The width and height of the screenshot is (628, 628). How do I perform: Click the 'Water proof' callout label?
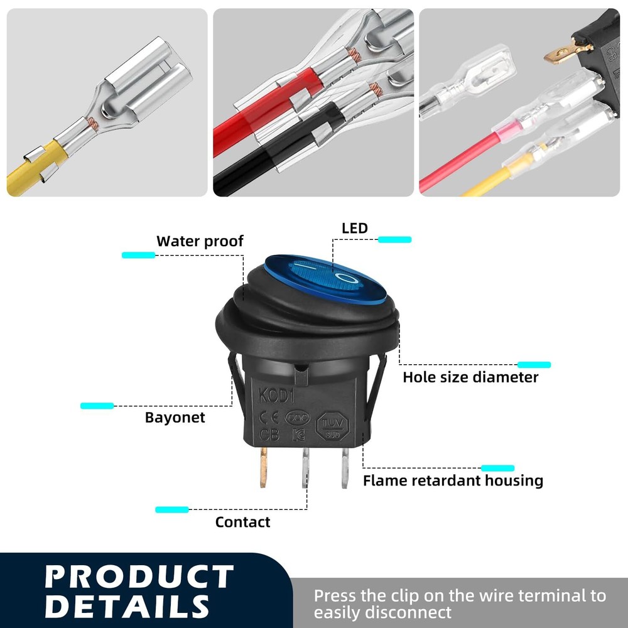click(200, 241)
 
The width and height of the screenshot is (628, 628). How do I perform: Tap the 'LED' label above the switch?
click(354, 228)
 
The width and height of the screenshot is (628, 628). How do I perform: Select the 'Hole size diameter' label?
click(470, 377)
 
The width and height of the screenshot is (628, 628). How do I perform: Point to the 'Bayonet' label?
click(175, 418)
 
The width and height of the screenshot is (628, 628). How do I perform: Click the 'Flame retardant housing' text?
click(453, 481)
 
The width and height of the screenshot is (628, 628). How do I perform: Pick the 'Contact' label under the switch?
click(242, 522)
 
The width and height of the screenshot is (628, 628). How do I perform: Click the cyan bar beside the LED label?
click(394, 239)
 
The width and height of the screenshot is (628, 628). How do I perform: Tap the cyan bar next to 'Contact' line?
click(171, 509)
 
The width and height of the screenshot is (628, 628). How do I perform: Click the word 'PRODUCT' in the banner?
click(139, 577)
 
